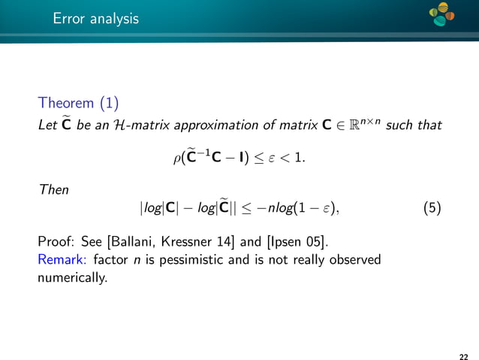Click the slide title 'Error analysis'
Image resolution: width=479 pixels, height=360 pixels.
pyautogui.click(x=95, y=19)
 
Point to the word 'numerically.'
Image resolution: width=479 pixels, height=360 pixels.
pyautogui.click(x=73, y=277)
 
